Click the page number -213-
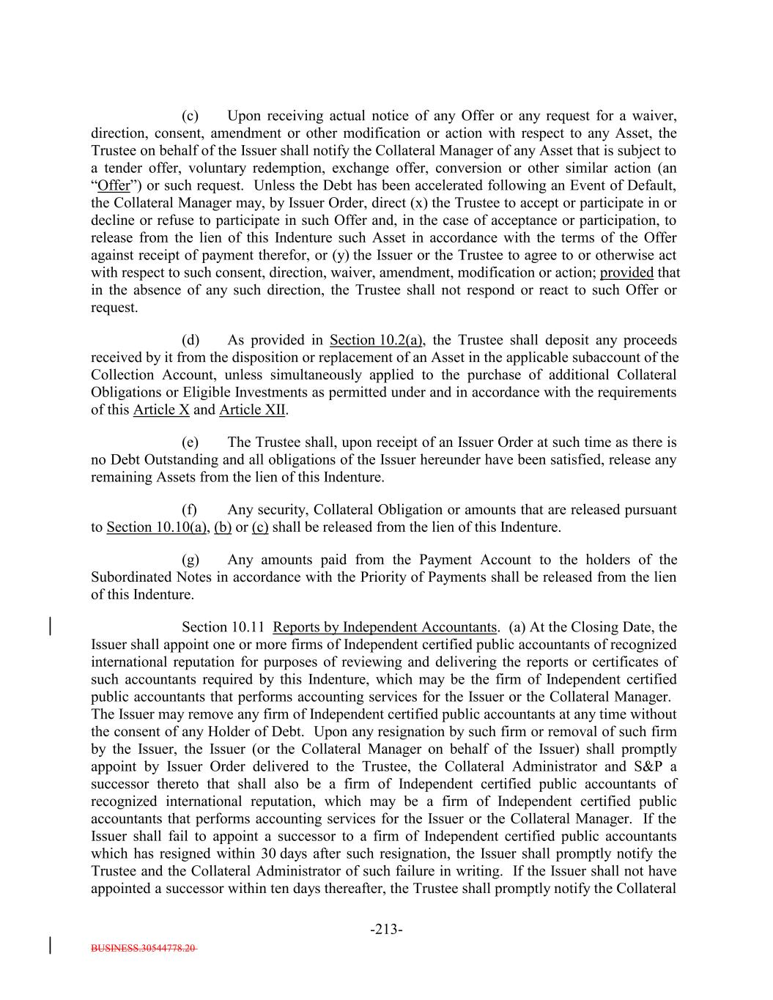coord(386,930)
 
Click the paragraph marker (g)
coord(191,560)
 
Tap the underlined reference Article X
coord(161,410)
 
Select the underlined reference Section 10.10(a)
coord(156,527)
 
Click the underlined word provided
coord(626,273)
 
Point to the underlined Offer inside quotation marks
coord(114,185)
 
